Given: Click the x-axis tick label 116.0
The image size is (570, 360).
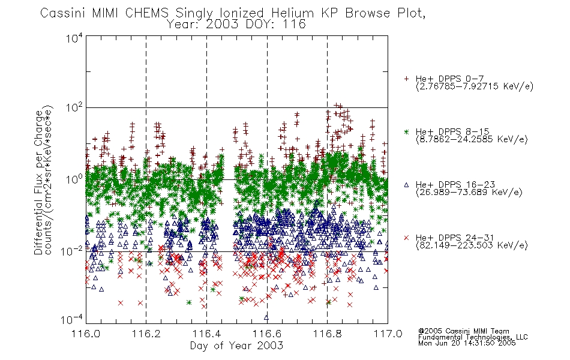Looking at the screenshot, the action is coord(86,334).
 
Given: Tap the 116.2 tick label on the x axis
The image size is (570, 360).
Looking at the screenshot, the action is coord(146,334).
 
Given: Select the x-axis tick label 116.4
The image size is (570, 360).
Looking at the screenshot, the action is coord(207,334).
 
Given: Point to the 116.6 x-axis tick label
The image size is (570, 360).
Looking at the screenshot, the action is coord(267,334).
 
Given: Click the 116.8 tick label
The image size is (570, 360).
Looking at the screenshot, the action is coord(328,334).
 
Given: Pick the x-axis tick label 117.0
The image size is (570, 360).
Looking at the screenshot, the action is coord(388,334).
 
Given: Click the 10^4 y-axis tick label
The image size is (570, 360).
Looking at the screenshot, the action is coord(74,38).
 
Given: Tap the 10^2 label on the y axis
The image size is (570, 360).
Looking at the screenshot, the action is coord(74,108).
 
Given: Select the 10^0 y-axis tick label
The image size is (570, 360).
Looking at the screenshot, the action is coord(74,179).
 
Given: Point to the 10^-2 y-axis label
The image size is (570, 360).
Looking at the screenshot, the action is coord(72,251).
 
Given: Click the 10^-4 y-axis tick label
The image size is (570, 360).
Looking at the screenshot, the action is coord(72,319).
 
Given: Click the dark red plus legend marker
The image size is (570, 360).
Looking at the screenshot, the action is coord(406,79).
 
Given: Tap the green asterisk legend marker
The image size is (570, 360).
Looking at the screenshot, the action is coord(406,131).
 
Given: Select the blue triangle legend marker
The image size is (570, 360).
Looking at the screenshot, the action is coord(406,185).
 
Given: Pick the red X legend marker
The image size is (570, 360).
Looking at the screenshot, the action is coord(406,238).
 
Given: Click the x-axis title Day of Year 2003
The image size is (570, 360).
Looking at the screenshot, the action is coord(236,346).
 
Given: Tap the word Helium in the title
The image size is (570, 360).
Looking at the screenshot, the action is coord(293,13).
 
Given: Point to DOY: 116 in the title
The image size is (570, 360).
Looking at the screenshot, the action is coord(275,25).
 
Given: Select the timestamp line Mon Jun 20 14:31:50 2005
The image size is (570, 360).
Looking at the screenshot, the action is coord(467,343).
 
